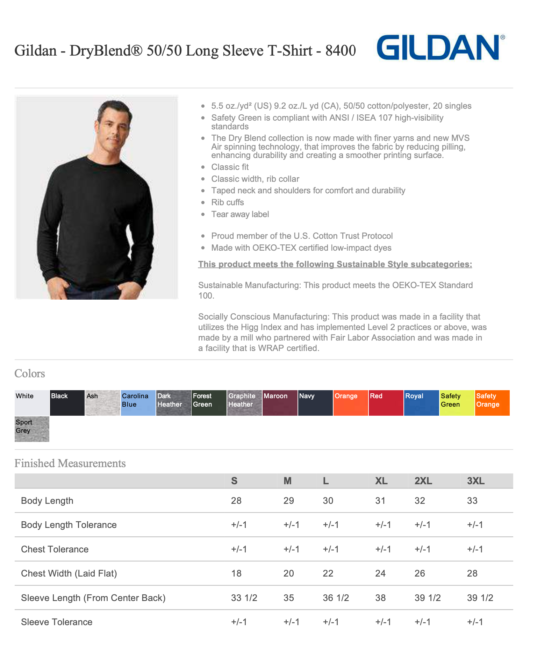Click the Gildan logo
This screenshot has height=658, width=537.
click(440, 48)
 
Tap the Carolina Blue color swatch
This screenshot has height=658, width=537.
click(138, 403)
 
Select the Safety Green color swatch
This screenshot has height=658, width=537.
click(457, 403)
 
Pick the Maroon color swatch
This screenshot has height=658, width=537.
click(280, 403)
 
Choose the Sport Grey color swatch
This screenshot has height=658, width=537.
click(32, 429)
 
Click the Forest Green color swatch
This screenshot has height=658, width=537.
click(209, 403)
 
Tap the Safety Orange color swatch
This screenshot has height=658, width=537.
click(492, 403)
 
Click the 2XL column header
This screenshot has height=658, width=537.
click(423, 481)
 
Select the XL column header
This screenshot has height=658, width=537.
click(381, 481)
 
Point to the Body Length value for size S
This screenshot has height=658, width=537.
click(236, 501)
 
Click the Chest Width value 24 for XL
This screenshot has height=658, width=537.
click(380, 573)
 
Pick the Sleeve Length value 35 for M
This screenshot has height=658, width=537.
click(288, 598)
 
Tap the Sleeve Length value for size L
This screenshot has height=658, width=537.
click(336, 598)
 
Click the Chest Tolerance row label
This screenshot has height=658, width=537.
click(55, 549)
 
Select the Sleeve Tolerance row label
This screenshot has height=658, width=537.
click(57, 622)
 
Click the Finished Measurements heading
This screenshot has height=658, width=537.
click(70, 463)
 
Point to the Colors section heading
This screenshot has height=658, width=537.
click(30, 373)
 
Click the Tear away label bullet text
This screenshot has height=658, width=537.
click(240, 214)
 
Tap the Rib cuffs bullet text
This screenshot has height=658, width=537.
click(227, 202)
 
